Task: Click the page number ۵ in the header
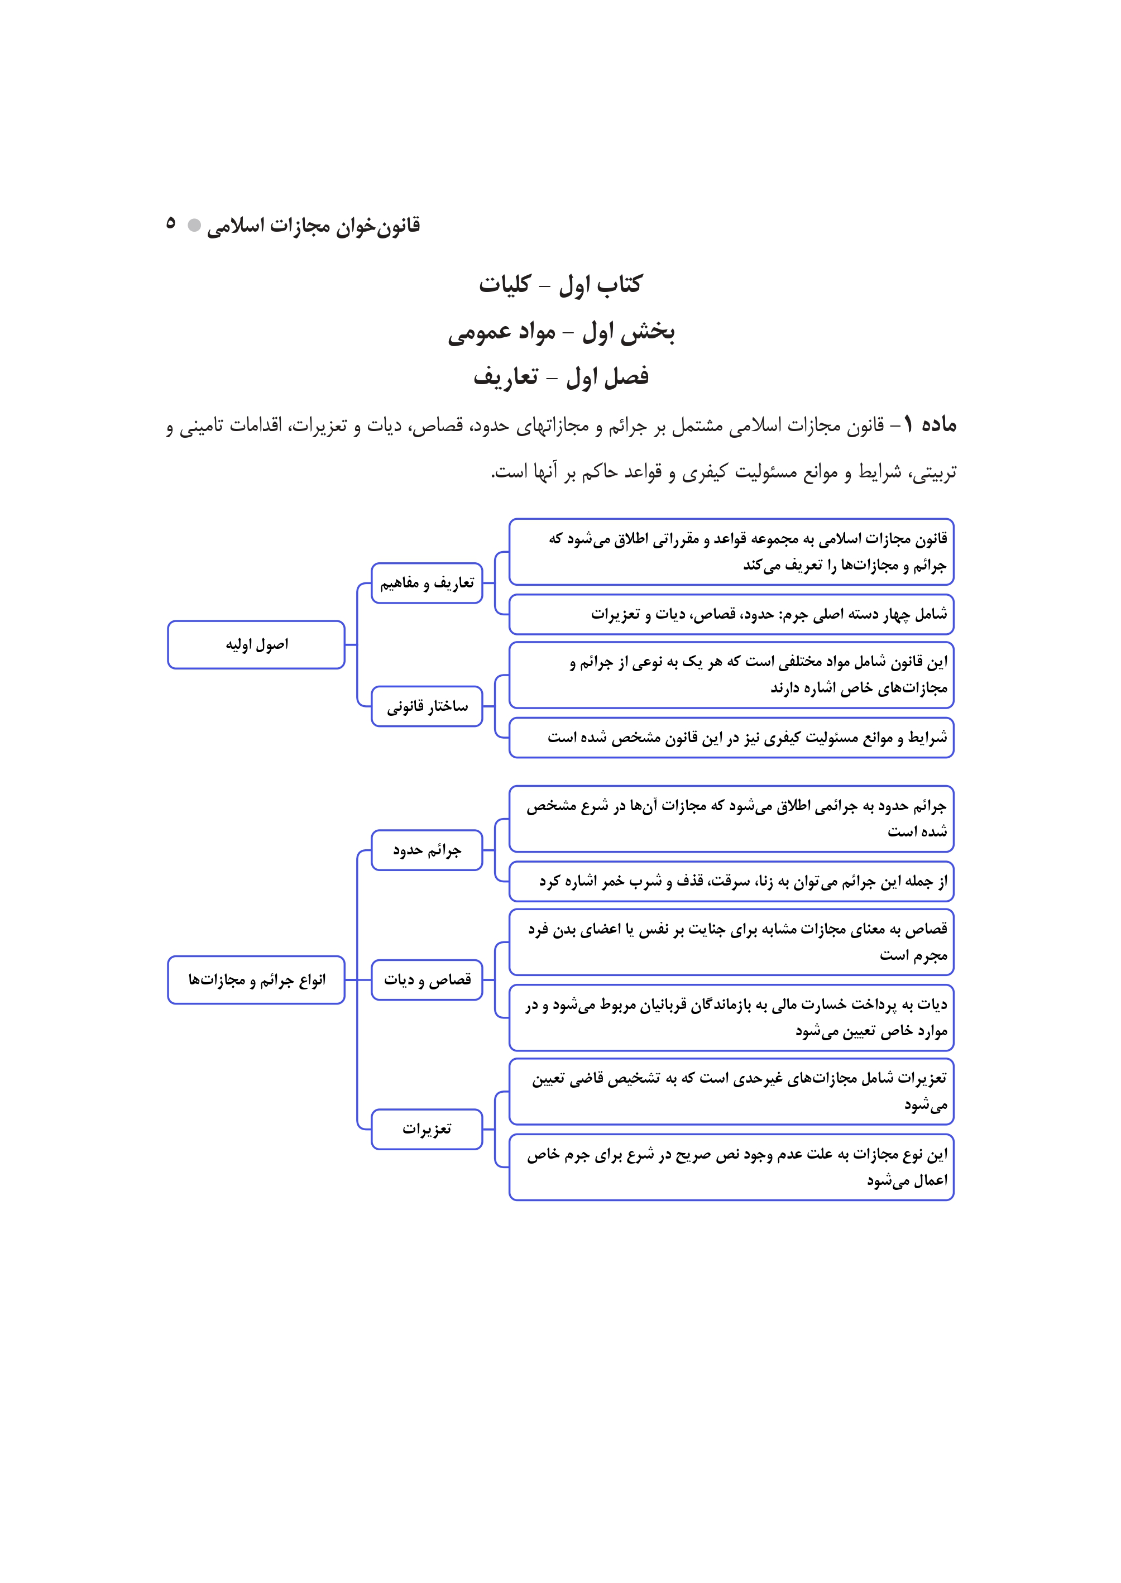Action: coord(170,223)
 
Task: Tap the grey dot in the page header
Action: coord(195,225)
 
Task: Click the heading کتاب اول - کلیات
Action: coord(560,284)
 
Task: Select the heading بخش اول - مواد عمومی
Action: coord(560,333)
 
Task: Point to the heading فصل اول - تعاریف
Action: coord(560,377)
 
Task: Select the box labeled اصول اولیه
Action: coord(256,645)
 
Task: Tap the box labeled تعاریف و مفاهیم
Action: coord(427,584)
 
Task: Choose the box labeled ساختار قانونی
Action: coord(427,706)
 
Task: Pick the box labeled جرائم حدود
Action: coord(427,850)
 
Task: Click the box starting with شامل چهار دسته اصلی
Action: coord(731,614)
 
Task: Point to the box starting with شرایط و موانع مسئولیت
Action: coord(731,738)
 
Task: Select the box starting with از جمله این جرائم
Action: coord(731,882)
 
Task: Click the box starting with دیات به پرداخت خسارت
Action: coord(731,1017)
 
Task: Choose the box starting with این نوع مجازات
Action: coord(731,1166)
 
